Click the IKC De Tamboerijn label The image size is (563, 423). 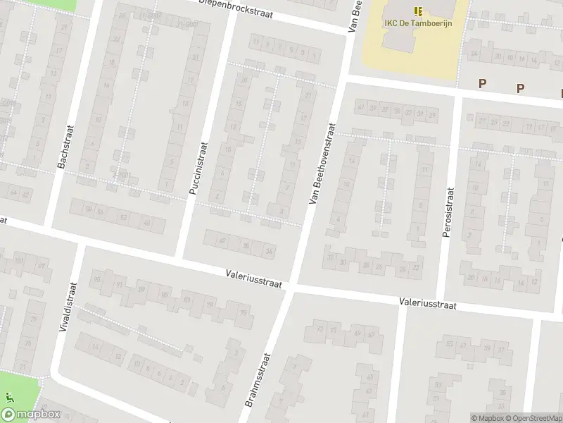point(418,23)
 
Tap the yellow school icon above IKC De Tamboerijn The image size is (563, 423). point(418,11)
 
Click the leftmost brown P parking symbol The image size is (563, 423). point(483,84)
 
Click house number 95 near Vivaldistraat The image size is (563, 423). point(96,279)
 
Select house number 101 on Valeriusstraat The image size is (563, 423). point(18,261)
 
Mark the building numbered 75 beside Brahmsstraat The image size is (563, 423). point(243,313)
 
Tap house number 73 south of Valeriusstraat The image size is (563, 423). point(320,329)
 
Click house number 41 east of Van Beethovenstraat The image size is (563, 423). point(360,107)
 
